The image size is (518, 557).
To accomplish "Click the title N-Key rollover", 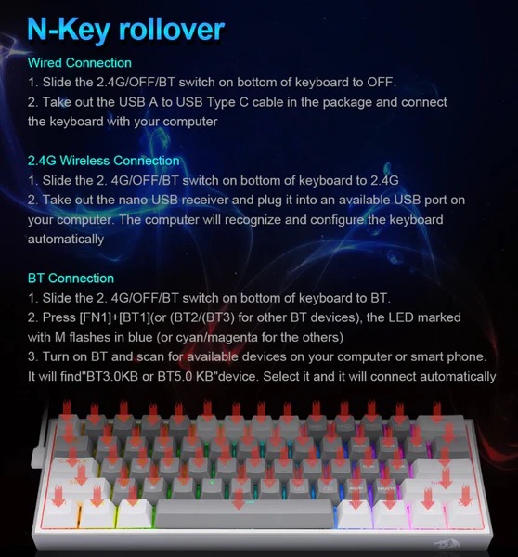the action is click(x=125, y=30).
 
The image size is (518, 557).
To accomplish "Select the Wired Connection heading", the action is click(x=80, y=63).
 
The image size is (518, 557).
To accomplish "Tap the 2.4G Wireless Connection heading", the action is click(x=103, y=161).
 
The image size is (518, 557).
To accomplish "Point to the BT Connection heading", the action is click(x=71, y=278).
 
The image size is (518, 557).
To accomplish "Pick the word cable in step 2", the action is click(x=267, y=102).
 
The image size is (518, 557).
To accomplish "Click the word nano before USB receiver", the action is click(x=133, y=200).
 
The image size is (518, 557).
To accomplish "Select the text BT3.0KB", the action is click(x=112, y=377).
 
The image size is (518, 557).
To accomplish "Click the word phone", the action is click(x=466, y=356).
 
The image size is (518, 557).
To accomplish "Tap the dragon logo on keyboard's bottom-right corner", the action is click(x=447, y=543).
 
